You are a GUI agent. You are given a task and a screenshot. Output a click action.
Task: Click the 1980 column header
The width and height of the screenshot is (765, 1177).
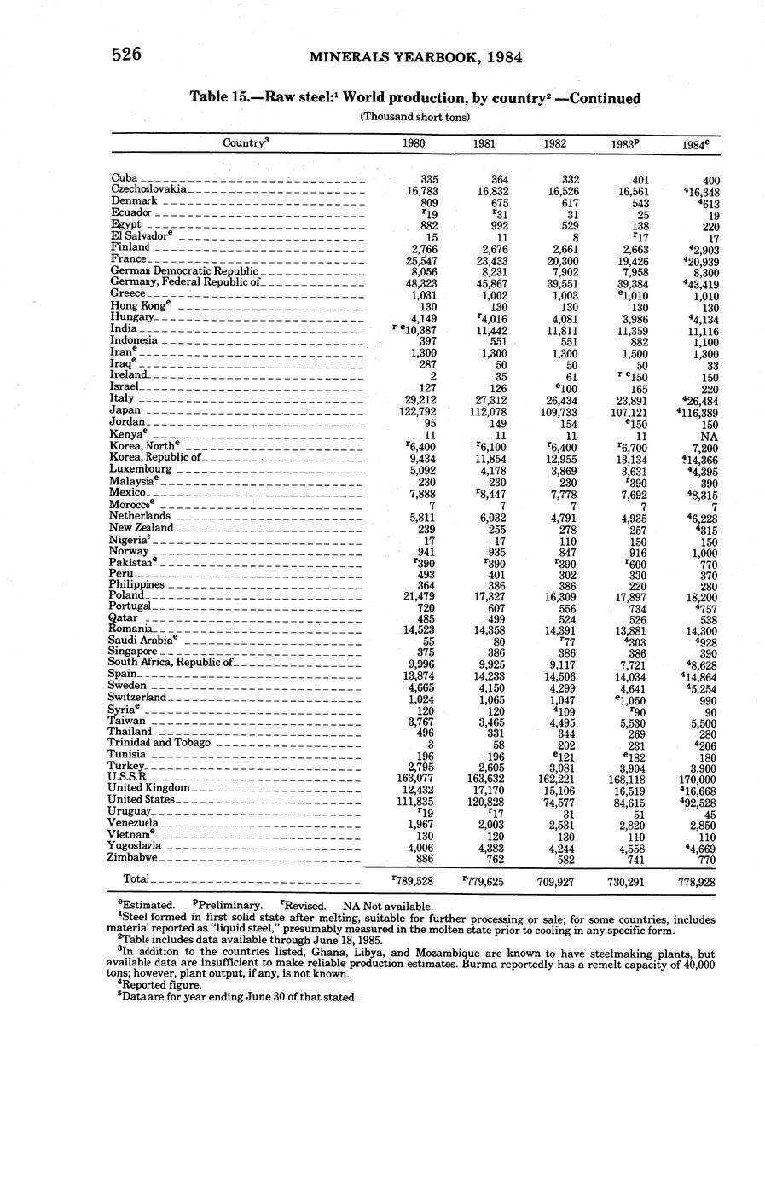coord(414,144)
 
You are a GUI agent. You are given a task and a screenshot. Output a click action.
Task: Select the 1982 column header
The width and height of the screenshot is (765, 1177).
coord(555,144)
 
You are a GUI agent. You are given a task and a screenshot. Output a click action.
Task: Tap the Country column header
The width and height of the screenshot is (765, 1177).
coord(246,143)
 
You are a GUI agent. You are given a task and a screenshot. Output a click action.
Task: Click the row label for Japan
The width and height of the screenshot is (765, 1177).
coord(125,410)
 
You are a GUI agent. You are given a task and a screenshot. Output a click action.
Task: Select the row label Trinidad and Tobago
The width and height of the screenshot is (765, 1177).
coord(159,742)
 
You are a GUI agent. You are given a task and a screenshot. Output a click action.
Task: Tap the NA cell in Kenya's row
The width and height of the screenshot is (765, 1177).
coord(704,435)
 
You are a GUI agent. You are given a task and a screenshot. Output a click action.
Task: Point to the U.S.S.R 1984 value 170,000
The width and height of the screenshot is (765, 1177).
coord(696,778)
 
